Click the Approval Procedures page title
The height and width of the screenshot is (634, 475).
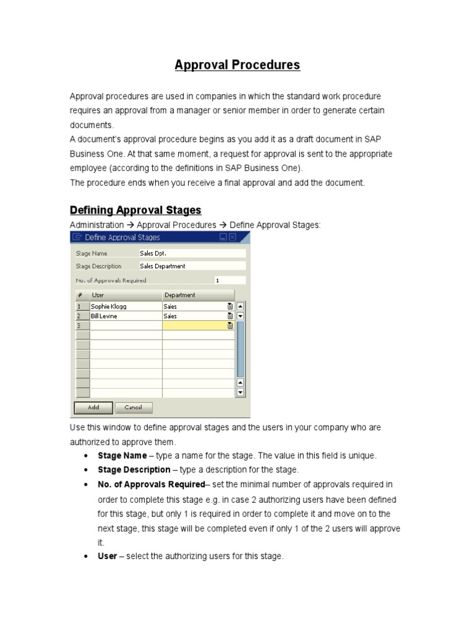click(237, 65)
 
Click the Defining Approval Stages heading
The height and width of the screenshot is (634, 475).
click(135, 210)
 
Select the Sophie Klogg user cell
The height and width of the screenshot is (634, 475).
click(126, 306)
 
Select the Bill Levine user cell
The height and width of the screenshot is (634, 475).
click(126, 316)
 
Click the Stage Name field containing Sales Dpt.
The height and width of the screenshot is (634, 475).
click(192, 253)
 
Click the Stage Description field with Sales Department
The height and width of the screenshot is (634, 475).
click(192, 266)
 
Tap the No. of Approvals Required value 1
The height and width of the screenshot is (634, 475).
click(229, 280)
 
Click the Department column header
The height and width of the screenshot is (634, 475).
click(198, 295)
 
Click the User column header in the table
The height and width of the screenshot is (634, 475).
click(126, 295)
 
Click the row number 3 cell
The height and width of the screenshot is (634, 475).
click(82, 326)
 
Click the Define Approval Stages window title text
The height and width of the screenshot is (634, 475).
click(122, 237)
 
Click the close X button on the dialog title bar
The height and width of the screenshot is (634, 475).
click(233, 237)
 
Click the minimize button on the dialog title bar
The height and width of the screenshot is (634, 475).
click(223, 237)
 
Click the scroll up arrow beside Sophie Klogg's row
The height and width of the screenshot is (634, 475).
click(241, 306)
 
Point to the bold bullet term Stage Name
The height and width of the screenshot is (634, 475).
click(122, 456)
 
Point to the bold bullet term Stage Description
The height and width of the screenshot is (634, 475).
click(134, 470)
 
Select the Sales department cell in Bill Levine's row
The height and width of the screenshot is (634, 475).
click(194, 316)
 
